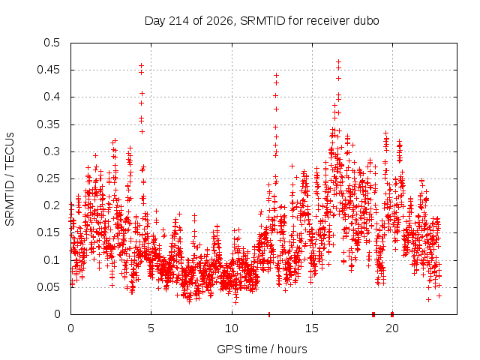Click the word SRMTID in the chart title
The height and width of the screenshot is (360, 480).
pyautogui.click(x=262, y=21)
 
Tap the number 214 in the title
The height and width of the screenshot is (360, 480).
pyautogui.click(x=178, y=21)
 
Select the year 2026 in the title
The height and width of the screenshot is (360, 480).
pyautogui.click(x=220, y=22)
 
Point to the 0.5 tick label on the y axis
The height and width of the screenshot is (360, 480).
pyautogui.click(x=52, y=43)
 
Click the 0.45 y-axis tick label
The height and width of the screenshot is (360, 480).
pyautogui.click(x=48, y=70)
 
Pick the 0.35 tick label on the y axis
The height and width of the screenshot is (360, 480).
pyautogui.click(x=48, y=124)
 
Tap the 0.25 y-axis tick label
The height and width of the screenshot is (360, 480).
pyautogui.click(x=48, y=178)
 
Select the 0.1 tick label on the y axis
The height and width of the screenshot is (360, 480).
pyautogui.click(x=52, y=260)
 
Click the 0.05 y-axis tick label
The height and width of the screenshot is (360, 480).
pyautogui.click(x=48, y=287)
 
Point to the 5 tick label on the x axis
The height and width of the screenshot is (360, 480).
pyautogui.click(x=151, y=328)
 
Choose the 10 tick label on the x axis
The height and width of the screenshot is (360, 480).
pyautogui.click(x=232, y=328)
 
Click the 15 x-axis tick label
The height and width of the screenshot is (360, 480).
pyautogui.click(x=312, y=328)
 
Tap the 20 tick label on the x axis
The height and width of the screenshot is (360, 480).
pyautogui.click(x=392, y=328)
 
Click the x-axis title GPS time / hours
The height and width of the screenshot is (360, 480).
pyautogui.click(x=262, y=349)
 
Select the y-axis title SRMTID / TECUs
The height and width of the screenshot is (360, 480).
pyautogui.click(x=10, y=179)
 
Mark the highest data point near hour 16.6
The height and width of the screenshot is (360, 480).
pyautogui.click(x=338, y=61)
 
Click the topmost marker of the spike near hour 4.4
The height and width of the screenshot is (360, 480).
pyautogui.click(x=141, y=65)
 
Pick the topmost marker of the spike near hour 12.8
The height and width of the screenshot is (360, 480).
pyautogui.click(x=276, y=75)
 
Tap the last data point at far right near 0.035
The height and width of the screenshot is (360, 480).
pyautogui.click(x=439, y=296)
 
